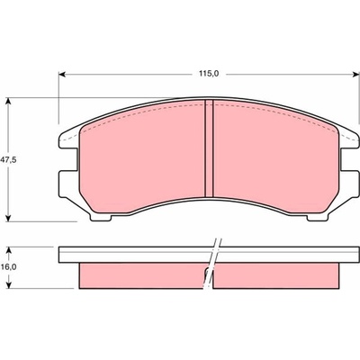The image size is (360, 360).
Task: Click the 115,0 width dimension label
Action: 209,74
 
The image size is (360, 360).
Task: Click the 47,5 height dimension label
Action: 8,160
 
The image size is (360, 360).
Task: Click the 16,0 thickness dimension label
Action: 8,267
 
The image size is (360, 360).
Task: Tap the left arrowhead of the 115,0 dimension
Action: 62,74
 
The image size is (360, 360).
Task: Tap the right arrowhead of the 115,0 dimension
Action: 355,74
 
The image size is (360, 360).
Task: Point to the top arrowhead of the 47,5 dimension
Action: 9,101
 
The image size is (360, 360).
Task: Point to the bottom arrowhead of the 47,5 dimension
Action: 9,218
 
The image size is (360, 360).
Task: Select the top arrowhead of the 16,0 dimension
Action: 9,250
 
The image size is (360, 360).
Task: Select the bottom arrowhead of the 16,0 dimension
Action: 9,285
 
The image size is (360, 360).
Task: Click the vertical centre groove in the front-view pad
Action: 209,148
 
